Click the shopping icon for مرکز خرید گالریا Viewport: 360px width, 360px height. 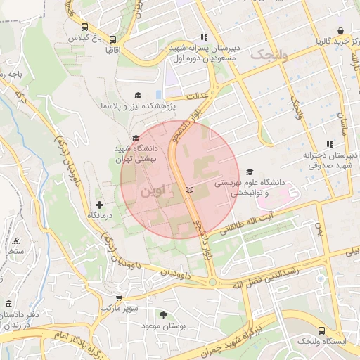341,30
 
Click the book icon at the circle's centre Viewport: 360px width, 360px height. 188,190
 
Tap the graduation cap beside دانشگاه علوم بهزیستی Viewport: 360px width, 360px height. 250,172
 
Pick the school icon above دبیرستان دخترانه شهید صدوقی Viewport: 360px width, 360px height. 330,144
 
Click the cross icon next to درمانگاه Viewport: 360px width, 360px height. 98,204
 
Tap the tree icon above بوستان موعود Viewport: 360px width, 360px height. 164,315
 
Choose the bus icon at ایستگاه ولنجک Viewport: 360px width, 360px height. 321,330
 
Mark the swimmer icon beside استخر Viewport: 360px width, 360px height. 15,240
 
